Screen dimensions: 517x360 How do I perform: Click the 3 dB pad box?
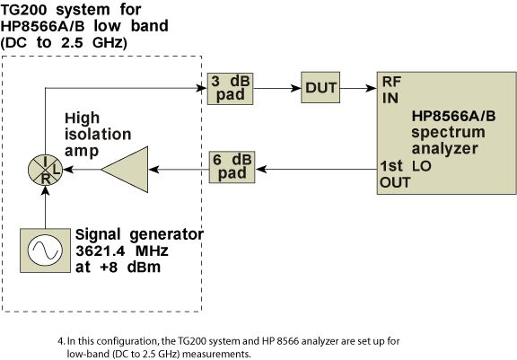pyautogui.click(x=230, y=89)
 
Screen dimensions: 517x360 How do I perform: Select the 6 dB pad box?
pyautogui.click(x=232, y=167)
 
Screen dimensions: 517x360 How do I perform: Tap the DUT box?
pyautogui.click(x=320, y=87)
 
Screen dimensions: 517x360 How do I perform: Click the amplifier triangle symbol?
pyautogui.click(x=125, y=170)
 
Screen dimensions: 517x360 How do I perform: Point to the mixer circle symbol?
pyautogui.click(x=46, y=170)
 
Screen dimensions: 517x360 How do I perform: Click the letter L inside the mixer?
pyautogui.click(x=57, y=170)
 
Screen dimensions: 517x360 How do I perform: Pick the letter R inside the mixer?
pyautogui.click(x=46, y=179)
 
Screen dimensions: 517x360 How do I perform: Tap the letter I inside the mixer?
pyautogui.click(x=46, y=162)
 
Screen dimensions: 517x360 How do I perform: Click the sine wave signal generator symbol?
pyautogui.click(x=45, y=250)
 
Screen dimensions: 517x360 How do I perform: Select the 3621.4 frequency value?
pyautogui.click(x=101, y=250)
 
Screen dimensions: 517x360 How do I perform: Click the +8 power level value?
pyautogui.click(x=109, y=267)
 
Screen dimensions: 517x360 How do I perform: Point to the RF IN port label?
pyautogui.click(x=391, y=90)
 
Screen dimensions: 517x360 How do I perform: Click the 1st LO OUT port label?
pyautogui.click(x=406, y=174)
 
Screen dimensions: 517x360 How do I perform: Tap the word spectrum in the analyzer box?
pyautogui.click(x=448, y=133)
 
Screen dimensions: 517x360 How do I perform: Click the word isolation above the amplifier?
pyautogui.click(x=98, y=134)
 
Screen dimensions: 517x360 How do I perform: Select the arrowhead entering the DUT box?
pyautogui.click(x=296, y=88)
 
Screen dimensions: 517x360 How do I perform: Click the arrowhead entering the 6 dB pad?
pyautogui.click(x=261, y=170)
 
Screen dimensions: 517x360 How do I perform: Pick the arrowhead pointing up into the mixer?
pyautogui.click(x=46, y=191)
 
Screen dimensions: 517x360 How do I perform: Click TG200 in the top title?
pyautogui.click(x=22, y=10)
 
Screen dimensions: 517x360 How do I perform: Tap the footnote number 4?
pyautogui.click(x=60, y=341)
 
